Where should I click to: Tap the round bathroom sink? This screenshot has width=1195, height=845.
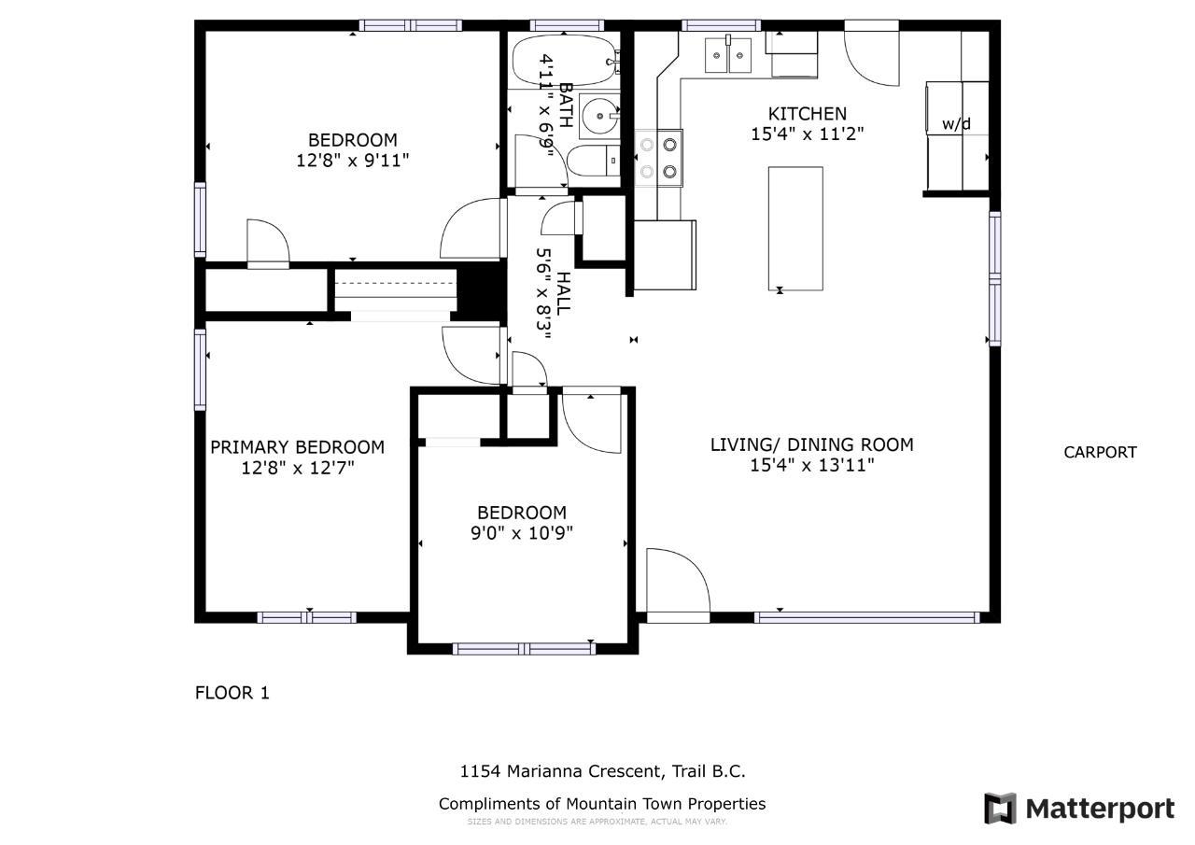[599, 115]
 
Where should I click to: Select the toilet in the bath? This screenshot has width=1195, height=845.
[593, 161]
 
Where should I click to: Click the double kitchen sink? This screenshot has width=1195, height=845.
[728, 55]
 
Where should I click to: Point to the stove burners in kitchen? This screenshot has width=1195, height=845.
[658, 159]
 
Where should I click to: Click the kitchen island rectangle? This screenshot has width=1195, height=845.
[795, 229]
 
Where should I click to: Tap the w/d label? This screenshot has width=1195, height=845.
[956, 124]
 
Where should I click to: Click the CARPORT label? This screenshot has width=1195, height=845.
[1100, 452]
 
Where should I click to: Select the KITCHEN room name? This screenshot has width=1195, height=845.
[808, 114]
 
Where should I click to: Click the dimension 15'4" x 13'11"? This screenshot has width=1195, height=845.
[812, 465]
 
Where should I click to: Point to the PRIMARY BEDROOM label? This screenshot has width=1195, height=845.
[297, 447]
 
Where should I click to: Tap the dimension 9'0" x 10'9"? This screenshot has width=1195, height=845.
[522, 533]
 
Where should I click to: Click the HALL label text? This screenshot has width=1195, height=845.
[563, 293]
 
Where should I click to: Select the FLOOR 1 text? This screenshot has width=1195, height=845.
[232, 693]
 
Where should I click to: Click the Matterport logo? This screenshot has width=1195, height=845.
[1079, 809]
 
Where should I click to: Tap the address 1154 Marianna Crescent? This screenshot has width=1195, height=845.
[562, 771]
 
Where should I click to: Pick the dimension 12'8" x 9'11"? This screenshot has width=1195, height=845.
[353, 160]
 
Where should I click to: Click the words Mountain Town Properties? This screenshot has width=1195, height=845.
[666, 804]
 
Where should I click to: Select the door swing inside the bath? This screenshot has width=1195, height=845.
[541, 162]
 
